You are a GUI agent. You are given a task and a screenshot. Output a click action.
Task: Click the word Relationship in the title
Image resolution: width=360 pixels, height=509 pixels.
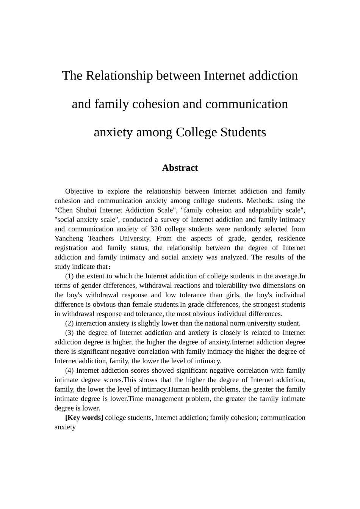119,76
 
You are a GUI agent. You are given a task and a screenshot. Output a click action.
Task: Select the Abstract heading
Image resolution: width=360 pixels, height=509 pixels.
180,168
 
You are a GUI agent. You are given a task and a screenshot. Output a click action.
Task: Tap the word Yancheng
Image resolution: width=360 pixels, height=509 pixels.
68,239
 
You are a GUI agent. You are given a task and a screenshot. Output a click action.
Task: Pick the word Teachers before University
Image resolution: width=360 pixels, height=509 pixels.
101,239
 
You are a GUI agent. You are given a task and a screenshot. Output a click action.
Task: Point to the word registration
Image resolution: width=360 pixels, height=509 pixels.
71,248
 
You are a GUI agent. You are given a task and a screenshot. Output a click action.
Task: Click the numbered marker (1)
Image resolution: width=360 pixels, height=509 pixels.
69,276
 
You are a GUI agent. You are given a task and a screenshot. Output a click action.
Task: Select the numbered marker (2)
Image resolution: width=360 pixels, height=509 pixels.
69,323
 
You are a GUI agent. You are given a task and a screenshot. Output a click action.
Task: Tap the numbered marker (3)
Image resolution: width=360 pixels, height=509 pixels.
69,333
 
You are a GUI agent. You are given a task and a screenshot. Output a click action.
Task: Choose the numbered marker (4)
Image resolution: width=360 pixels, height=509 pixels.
69,370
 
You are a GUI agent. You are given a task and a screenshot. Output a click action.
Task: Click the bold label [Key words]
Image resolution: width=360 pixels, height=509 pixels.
84,418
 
